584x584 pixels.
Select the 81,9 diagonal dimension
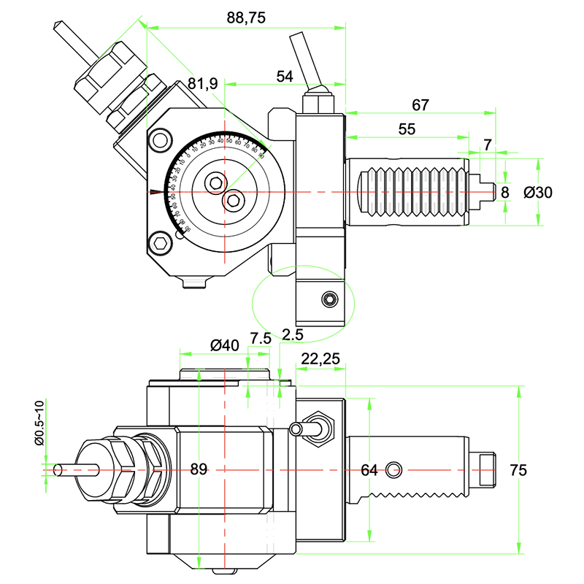click(x=202, y=84)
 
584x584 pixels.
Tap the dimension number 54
click(x=285, y=76)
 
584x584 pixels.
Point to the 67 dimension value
click(x=420, y=104)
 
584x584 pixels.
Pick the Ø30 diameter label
click(x=539, y=192)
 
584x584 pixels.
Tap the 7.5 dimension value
click(x=261, y=338)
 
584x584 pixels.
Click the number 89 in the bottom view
click(x=199, y=469)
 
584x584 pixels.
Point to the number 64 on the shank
click(x=369, y=470)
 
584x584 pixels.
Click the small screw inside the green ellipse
click(x=330, y=300)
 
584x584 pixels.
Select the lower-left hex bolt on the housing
click(x=161, y=244)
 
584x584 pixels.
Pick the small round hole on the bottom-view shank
click(x=395, y=468)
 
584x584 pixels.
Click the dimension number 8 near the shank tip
click(x=504, y=191)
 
